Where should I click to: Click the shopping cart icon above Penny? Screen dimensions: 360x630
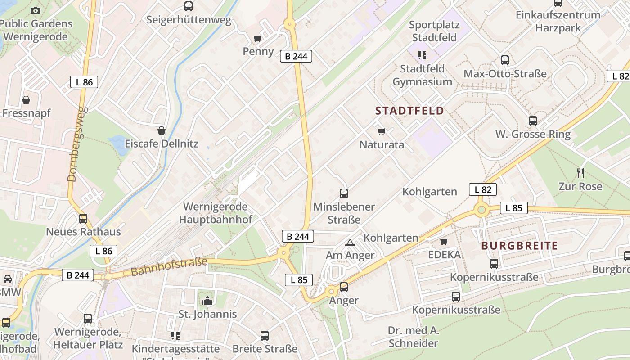[257, 39]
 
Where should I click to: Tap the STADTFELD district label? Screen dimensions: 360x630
[409, 111]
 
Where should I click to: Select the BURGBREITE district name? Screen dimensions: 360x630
[519, 246]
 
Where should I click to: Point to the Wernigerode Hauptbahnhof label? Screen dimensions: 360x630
[215, 213]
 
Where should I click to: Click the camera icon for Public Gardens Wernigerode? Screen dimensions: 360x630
[36, 10]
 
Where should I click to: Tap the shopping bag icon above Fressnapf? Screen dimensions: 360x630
[26, 99]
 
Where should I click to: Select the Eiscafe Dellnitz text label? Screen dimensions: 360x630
[161, 144]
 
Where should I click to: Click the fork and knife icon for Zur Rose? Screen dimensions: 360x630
[580, 173]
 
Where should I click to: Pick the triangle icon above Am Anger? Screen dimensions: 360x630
[350, 243]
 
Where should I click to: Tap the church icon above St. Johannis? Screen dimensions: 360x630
[207, 300]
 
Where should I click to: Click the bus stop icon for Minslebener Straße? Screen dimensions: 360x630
[344, 193]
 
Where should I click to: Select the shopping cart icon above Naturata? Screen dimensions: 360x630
[382, 131]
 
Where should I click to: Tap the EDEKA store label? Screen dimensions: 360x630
[444, 255]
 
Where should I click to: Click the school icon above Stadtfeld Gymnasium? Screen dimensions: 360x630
[422, 55]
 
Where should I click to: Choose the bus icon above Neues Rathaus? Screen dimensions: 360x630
[83, 219]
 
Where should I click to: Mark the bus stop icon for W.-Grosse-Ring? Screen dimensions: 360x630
[533, 121]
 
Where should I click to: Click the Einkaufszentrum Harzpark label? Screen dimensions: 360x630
[558, 21]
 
